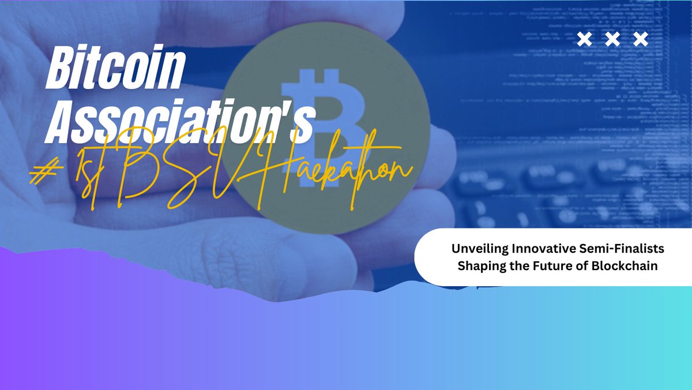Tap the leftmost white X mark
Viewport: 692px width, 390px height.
(x=585, y=39)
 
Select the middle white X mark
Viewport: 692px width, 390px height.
(x=613, y=39)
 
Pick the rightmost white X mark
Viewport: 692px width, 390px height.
(x=641, y=39)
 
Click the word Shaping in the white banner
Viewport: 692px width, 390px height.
(x=478, y=266)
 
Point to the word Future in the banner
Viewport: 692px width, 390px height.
(x=548, y=266)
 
